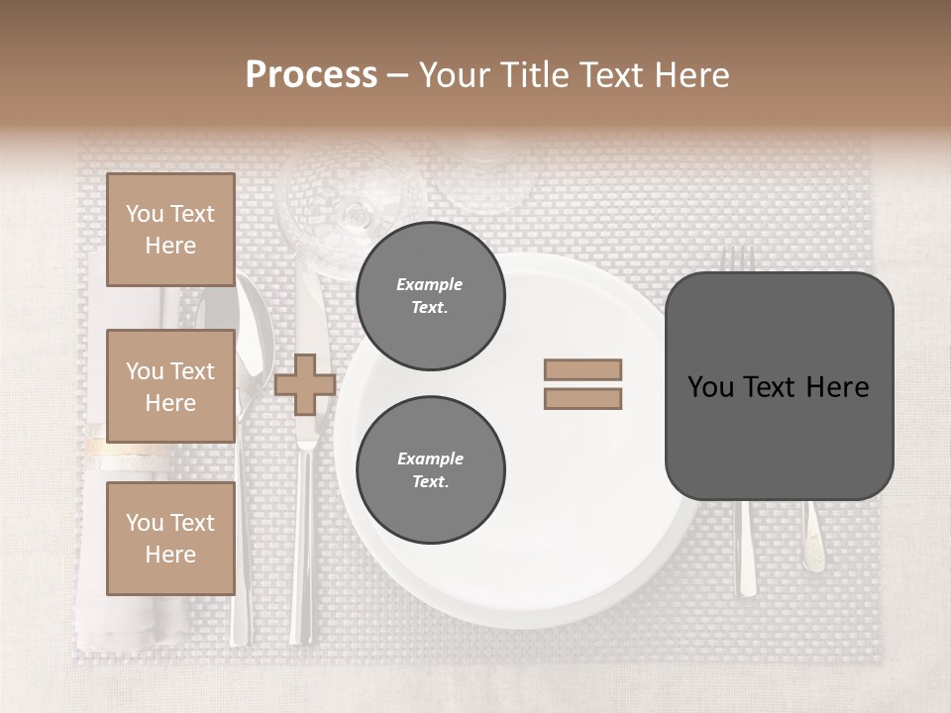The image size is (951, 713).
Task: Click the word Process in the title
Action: (311, 74)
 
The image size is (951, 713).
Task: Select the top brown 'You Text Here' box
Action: (170, 230)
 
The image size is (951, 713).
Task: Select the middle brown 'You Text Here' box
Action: (170, 386)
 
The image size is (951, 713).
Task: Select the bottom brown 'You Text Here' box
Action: (170, 539)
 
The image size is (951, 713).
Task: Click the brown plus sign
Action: (305, 384)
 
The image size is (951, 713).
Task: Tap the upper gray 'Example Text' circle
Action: (430, 296)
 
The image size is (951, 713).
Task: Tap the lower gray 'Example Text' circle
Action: (430, 470)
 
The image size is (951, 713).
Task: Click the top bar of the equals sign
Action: (582, 369)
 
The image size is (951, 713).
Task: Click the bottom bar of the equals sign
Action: (582, 399)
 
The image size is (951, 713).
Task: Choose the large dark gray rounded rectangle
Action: (779, 386)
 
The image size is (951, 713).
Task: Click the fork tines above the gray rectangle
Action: (737, 258)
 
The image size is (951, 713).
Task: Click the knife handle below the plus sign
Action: (303, 555)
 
